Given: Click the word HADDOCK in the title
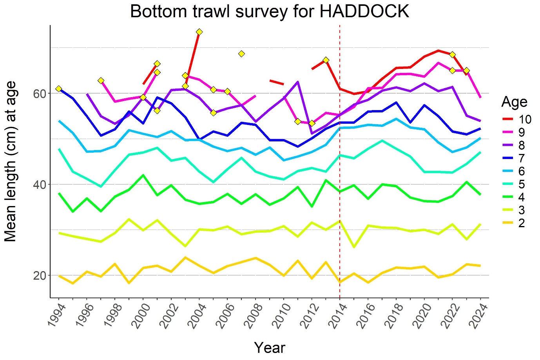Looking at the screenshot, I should [x=364, y=12].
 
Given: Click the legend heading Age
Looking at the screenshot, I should [x=514, y=102].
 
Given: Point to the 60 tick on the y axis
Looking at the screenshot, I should [x=39, y=94].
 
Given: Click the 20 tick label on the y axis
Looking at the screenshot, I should [x=39, y=275].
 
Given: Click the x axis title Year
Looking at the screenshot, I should [x=270, y=347].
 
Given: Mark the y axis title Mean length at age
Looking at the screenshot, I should [x=11, y=161].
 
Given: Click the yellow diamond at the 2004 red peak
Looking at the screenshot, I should [x=199, y=32].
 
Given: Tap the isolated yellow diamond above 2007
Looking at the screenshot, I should [x=241, y=54].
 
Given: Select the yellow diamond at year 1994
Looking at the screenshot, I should [x=59, y=89].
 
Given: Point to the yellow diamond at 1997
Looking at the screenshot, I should [x=101, y=81].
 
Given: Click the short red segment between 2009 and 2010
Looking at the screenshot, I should [x=277, y=82].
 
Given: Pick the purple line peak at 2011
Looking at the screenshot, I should [x=298, y=82].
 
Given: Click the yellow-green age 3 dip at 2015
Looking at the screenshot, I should [x=354, y=247].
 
